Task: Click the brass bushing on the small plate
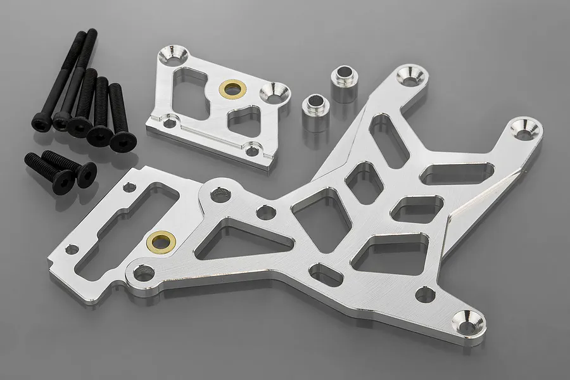point(232,89)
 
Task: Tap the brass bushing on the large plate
point(161,240)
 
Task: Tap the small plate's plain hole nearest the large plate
point(253,150)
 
